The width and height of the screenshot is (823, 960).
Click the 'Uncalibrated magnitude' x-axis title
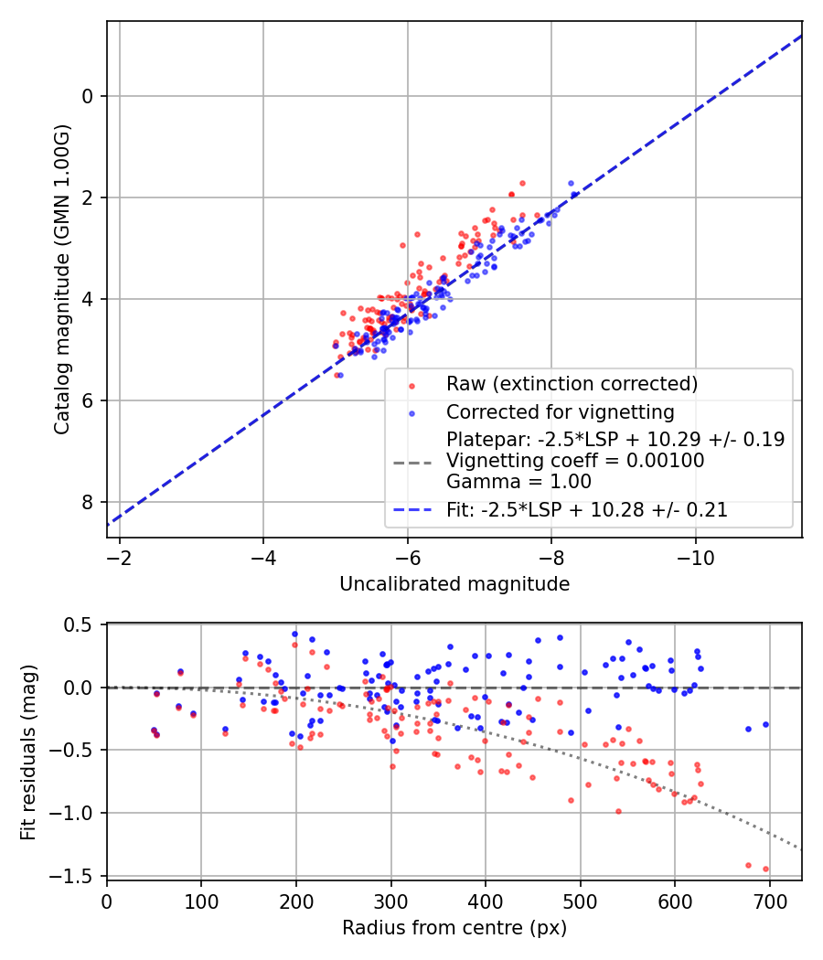[x=454, y=583]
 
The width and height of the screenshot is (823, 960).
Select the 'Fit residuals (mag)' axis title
[x=28, y=750]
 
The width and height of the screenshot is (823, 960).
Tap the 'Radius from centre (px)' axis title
[x=454, y=928]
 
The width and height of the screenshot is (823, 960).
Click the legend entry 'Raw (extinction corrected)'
[x=572, y=382]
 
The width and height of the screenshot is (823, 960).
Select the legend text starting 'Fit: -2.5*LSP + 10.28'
[x=587, y=510]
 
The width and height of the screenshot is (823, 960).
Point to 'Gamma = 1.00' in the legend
[x=518, y=482]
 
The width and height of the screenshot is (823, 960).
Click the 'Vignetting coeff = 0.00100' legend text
[x=575, y=461]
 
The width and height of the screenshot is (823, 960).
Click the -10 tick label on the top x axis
[x=696, y=557]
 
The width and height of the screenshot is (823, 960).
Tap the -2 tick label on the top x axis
[x=119, y=557]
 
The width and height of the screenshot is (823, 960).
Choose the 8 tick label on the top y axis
[x=89, y=502]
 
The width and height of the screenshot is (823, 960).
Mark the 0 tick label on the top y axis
[x=89, y=96]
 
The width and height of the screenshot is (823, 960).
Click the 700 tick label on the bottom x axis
[x=769, y=901]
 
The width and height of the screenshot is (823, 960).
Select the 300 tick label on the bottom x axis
[x=390, y=901]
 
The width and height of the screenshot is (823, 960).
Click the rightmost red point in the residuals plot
[x=765, y=869]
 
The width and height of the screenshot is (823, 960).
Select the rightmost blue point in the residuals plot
[x=765, y=724]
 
